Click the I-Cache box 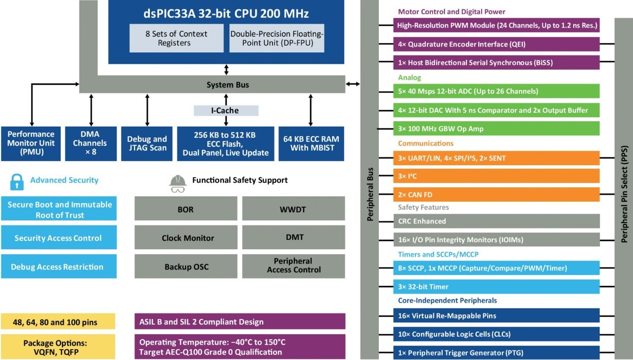pos(226,111)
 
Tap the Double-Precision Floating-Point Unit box pos(277,38)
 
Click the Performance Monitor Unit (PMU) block pos(31,143)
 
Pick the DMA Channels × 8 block pos(91,143)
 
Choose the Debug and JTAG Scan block pos(147,143)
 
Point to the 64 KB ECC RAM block pos(311,143)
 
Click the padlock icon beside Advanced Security pos(17,181)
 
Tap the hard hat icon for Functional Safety pos(178,182)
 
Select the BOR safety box pos(185,209)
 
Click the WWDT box pos(293,209)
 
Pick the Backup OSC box pos(186,267)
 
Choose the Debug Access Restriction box pos(59,267)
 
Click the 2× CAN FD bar pos(496,195)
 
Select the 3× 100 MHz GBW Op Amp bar pos(496,129)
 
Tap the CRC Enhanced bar pos(496,221)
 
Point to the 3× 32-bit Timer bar pos(496,287)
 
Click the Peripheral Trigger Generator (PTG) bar pos(496,353)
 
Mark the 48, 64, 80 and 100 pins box pos(58,322)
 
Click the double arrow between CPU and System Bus pos(226,69)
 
